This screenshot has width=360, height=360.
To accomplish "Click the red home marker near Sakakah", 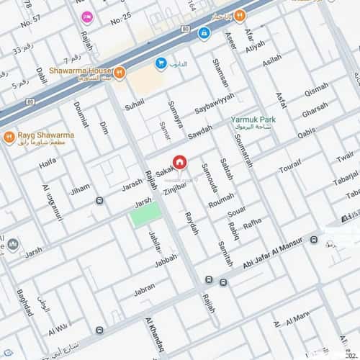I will [x=179, y=163].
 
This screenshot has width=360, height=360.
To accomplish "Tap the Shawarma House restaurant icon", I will [x=120, y=72].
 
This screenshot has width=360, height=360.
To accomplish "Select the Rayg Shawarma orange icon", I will [x=9, y=137].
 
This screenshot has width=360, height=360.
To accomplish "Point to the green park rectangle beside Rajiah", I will [x=145, y=214].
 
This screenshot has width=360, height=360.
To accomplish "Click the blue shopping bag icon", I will [x=161, y=63].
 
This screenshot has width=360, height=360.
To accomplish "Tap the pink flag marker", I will [x=87, y=17].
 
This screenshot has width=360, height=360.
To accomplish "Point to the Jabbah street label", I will [x=166, y=259].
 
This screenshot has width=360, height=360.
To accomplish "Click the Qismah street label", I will [x=315, y=90].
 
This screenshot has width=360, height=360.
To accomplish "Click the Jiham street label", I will [x=80, y=189].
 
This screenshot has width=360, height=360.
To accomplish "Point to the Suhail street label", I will [x=135, y=105].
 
